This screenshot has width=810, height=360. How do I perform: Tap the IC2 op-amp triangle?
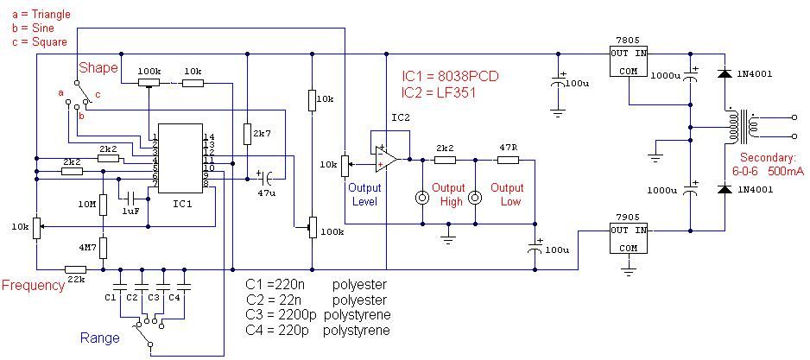pos(386,159)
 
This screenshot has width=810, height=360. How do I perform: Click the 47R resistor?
pos(507,160)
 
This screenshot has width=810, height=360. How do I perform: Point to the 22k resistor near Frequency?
pos(75,268)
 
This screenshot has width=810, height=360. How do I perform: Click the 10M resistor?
pos(103,205)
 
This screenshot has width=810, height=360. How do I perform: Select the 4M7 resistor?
pos(103,248)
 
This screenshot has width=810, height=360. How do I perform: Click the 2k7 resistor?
pos(246,135)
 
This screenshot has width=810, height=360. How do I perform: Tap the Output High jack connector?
pos(423,197)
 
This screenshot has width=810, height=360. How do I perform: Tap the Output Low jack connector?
pos(475,197)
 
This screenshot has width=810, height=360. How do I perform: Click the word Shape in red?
pos(97,67)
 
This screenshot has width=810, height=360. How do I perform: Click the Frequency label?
pos(34,286)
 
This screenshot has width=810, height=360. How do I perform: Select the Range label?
pos(100,338)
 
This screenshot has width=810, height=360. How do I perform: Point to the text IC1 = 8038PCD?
pos(450,76)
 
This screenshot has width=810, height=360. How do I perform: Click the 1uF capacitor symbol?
pos(130,198)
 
